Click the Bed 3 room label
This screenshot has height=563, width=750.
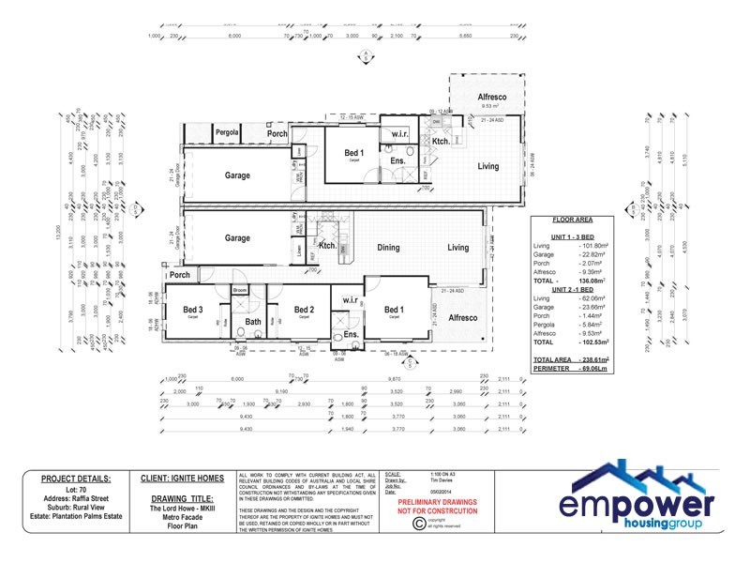coord(192,310)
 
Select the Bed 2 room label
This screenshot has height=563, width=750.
coord(303,310)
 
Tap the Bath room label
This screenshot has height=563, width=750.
coord(253,322)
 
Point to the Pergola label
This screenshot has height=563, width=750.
coord(228,133)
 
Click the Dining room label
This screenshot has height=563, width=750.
coord(388,248)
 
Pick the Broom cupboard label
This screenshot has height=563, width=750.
coord(239,291)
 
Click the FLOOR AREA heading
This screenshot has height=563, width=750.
coord(570,217)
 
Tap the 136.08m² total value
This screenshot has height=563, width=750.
coord(592,280)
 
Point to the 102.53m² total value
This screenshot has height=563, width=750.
coord(592,342)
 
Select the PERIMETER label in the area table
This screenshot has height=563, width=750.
coord(553,368)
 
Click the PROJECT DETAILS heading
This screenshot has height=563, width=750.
coord(76,479)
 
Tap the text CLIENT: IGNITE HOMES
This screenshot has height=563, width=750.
coord(182,479)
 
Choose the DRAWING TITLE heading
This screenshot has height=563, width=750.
coord(182,498)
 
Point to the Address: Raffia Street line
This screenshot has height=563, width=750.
coord(76,497)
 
